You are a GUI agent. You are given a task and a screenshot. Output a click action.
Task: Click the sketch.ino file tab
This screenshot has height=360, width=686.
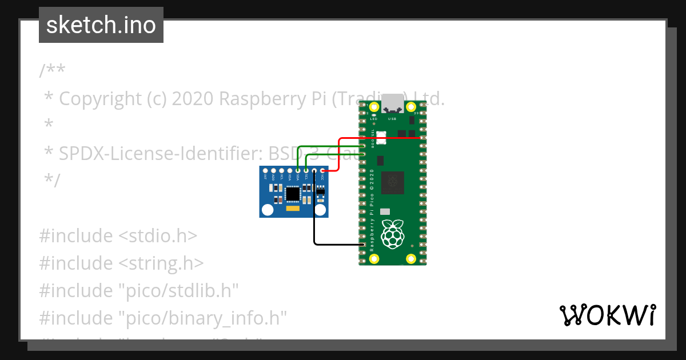point(101,25)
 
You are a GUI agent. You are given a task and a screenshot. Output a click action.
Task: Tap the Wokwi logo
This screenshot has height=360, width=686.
point(607,315)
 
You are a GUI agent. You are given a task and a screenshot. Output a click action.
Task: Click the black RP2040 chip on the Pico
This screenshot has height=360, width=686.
point(393,182)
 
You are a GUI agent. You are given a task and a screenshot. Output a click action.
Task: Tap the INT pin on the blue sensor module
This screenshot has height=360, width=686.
point(266,171)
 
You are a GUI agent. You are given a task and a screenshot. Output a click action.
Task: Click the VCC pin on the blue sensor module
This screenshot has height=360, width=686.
point(322,171)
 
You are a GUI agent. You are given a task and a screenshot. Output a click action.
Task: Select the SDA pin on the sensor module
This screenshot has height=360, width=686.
point(298,171)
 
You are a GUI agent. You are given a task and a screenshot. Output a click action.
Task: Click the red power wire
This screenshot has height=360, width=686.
point(340,154)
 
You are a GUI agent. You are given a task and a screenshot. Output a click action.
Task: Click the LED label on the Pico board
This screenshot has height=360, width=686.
point(373,119)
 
